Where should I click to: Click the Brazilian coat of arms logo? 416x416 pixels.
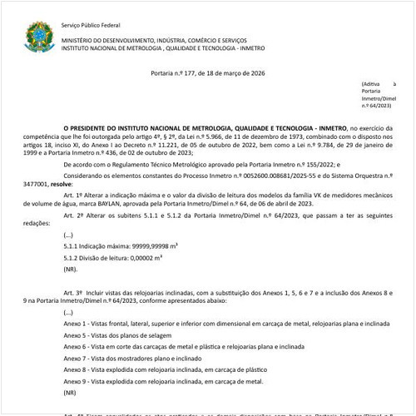[x=38, y=34]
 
